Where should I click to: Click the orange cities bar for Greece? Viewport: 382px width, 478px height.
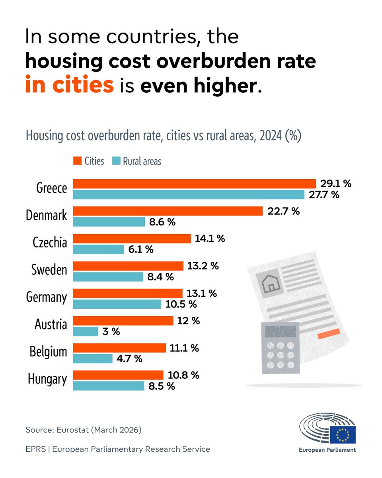195,184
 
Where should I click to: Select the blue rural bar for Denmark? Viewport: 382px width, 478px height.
109,222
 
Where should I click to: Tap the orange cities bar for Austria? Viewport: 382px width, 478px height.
123,321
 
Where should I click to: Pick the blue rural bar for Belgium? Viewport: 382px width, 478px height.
93,358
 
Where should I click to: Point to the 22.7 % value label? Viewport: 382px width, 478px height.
283,211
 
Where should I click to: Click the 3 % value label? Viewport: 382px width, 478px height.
111,332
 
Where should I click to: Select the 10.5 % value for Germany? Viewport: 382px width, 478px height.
181,304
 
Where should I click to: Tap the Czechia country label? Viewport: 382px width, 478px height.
50,242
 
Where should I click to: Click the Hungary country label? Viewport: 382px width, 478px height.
47,379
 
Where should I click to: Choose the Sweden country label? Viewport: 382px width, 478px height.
49,270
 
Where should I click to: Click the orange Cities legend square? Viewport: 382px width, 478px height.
77,161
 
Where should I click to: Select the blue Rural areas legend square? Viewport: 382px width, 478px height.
116,161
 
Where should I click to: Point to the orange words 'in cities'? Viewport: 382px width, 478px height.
70,84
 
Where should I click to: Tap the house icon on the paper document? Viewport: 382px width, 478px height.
270,284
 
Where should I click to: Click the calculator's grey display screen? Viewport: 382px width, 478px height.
281,332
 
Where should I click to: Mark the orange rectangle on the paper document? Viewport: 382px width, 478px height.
329,334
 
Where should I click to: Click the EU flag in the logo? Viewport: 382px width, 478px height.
343,435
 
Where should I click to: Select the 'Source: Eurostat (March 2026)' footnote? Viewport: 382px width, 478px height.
84,430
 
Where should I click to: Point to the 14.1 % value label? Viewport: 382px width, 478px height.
210,239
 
